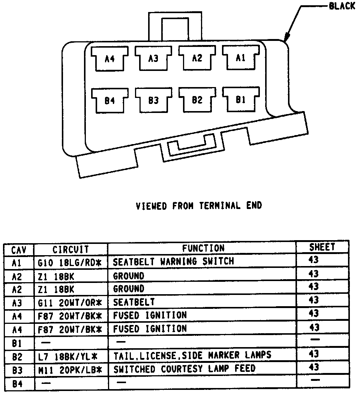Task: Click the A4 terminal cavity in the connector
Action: pos(109,59)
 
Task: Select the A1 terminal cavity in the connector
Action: pos(241,58)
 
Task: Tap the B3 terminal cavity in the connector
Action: pos(153,101)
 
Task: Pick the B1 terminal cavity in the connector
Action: pos(241,100)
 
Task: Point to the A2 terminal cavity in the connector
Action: pos(197,58)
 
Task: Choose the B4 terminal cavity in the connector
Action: pos(109,101)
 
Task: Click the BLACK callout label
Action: pos(342,7)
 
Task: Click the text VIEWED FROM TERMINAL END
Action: pos(198,206)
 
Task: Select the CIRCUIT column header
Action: pos(70,249)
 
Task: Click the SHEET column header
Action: pos(322,247)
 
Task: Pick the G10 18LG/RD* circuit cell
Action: pos(70,262)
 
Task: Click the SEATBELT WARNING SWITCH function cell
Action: pos(173,262)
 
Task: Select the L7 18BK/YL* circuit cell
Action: pos(70,355)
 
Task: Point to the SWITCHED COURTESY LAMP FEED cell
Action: pos(184,369)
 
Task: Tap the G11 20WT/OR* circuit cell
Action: pos(70,302)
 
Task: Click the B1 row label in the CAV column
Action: pos(17,343)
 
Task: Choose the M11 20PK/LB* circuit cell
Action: pos(70,370)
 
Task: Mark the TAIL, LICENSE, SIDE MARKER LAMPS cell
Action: pos(192,355)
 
